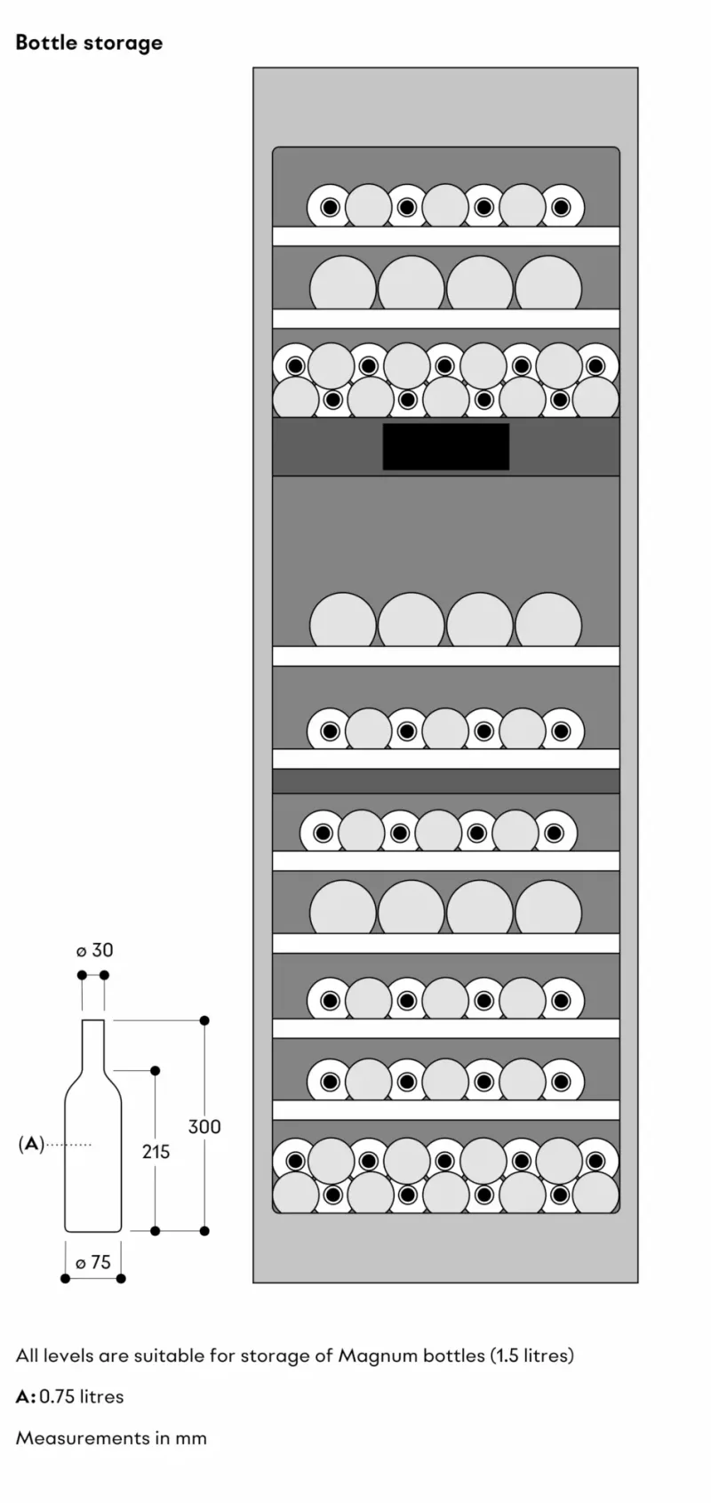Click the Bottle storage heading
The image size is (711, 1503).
(x=89, y=43)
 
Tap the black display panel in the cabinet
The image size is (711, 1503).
(x=446, y=446)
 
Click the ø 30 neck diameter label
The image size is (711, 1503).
(x=94, y=950)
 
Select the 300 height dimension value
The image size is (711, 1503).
(x=204, y=1126)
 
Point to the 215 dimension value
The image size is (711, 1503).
(x=156, y=1151)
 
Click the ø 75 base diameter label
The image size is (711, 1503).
(x=93, y=1262)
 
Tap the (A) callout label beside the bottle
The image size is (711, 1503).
(x=31, y=1144)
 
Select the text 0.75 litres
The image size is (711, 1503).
(x=81, y=1396)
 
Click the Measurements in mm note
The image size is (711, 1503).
(x=111, y=1438)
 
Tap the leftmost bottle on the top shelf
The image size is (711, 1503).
(x=330, y=207)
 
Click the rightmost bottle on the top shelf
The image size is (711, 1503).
(x=562, y=207)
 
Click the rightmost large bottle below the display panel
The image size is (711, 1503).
(x=548, y=620)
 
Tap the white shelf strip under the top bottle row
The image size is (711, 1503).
(x=446, y=236)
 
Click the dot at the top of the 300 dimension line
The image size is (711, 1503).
(x=204, y=1020)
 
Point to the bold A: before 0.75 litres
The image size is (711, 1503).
(x=26, y=1396)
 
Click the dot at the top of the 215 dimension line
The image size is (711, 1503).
(x=155, y=1070)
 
